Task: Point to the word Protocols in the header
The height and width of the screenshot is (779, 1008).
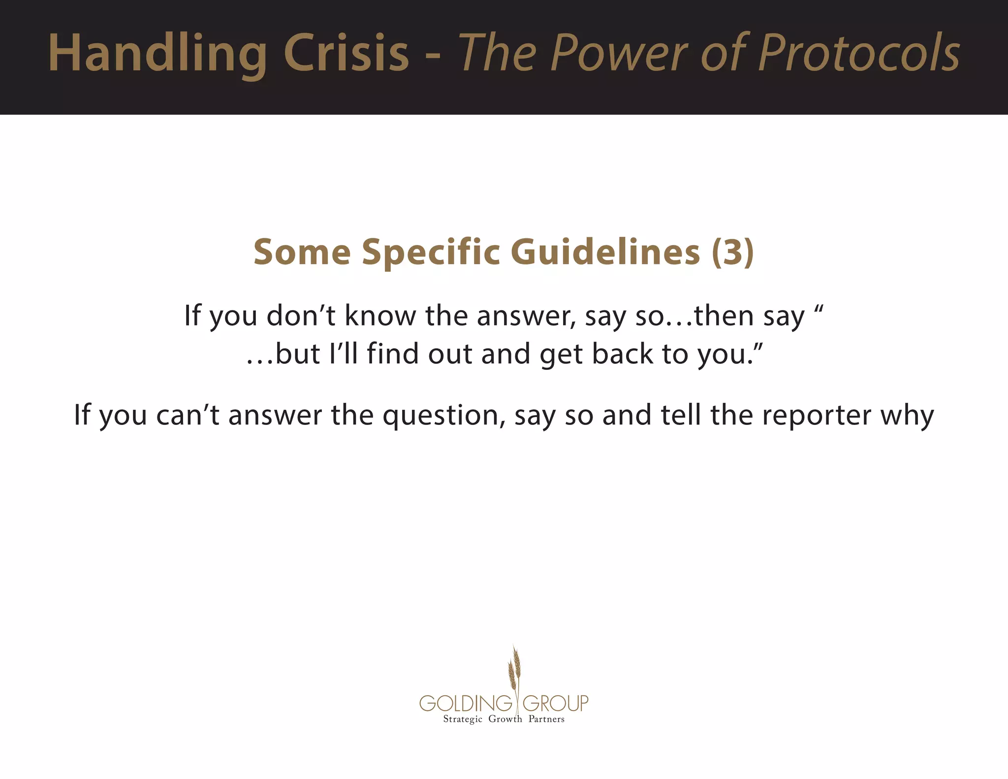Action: point(859,53)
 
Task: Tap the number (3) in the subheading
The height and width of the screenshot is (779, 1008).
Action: point(732,252)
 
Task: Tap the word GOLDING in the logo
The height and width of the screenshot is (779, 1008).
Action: point(466,703)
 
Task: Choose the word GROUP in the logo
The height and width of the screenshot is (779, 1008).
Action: point(555,703)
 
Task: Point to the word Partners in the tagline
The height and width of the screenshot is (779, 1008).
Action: point(546,719)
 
